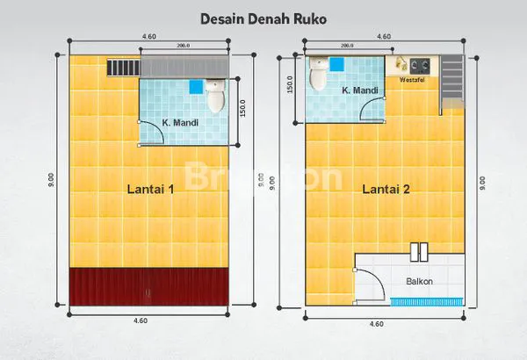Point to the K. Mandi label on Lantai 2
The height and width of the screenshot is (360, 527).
click(x=358, y=90)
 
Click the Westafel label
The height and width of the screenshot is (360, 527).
click(x=413, y=80)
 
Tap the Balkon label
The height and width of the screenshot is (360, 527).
click(x=418, y=281)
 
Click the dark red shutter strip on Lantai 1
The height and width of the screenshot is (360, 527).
click(x=149, y=287)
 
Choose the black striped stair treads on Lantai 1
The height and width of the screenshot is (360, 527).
click(x=121, y=67)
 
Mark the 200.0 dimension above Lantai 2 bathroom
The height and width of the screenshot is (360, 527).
click(x=346, y=45)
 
